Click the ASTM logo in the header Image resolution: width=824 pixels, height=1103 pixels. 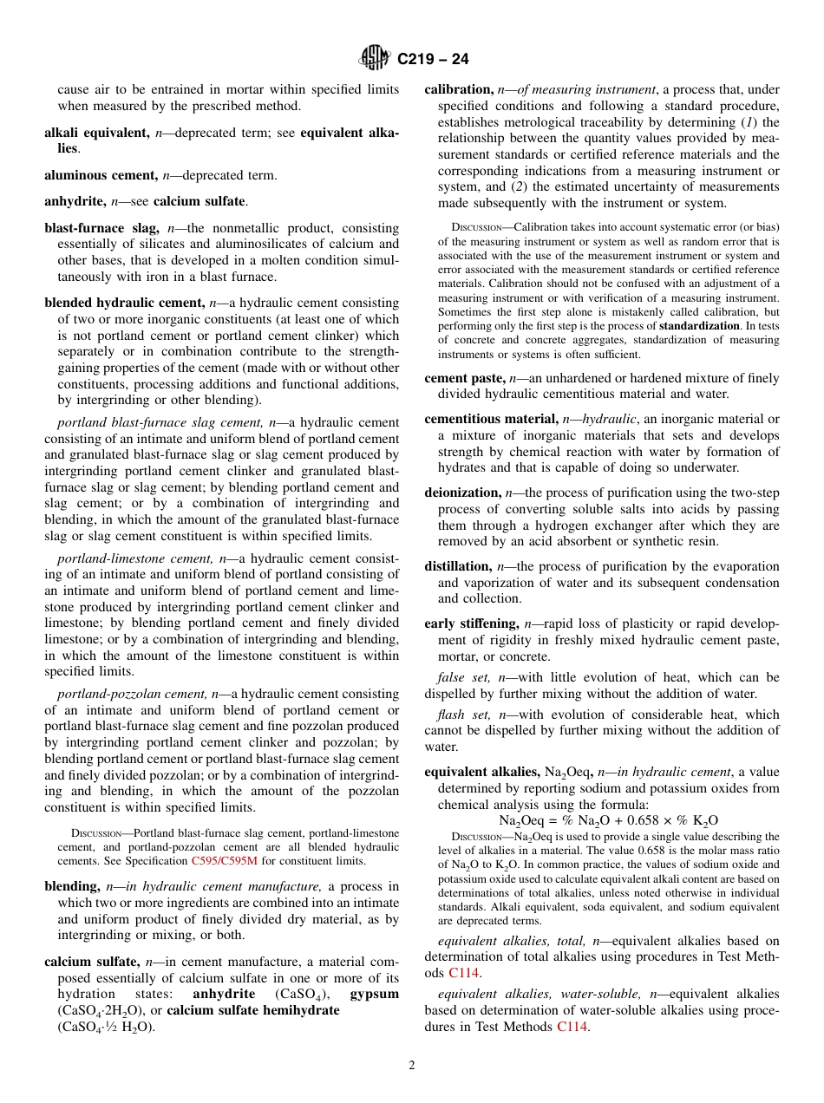[x=376, y=58]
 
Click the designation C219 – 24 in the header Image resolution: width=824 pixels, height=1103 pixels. [x=433, y=59]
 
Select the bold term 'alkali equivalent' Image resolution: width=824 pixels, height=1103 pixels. [x=96, y=134]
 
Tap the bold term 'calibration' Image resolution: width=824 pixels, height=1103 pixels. [x=458, y=89]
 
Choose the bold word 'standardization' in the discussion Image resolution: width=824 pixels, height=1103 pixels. [x=699, y=325]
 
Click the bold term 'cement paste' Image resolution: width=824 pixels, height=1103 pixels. [x=464, y=378]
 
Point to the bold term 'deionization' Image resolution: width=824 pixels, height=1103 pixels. [x=461, y=493]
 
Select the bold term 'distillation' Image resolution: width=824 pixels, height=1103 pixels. [x=458, y=566]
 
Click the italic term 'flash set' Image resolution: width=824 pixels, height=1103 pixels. [x=464, y=715]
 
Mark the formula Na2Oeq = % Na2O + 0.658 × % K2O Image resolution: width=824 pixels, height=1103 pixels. [x=608, y=820]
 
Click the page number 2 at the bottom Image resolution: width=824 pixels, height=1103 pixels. [x=412, y=1066]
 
